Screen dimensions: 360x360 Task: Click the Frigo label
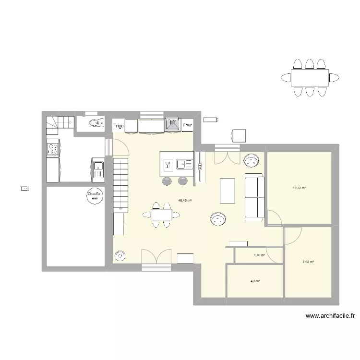coord(119,126)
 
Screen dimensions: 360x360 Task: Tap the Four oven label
coord(188,126)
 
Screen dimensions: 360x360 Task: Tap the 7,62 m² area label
coord(308,262)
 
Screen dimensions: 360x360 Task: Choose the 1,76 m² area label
coord(260,255)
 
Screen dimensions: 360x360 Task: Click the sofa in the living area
coord(255,198)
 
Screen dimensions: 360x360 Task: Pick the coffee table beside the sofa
coord(227,191)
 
